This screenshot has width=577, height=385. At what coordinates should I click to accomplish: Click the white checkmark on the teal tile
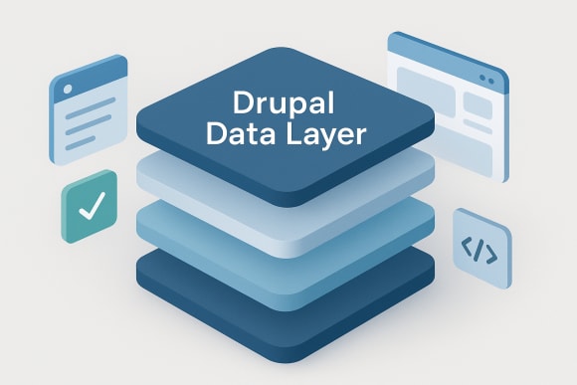pos(90,208)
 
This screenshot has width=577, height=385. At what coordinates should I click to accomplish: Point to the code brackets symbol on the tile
pos(481,250)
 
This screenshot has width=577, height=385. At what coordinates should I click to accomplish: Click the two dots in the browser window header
pos(486,76)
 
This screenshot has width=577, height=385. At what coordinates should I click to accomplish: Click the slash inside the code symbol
pos(481,250)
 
